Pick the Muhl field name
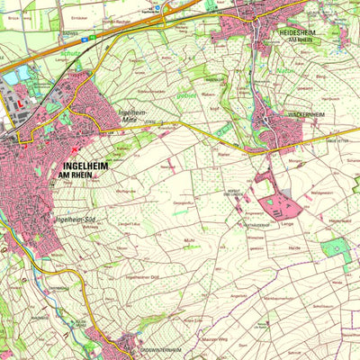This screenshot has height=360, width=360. click(x=188, y=241)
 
